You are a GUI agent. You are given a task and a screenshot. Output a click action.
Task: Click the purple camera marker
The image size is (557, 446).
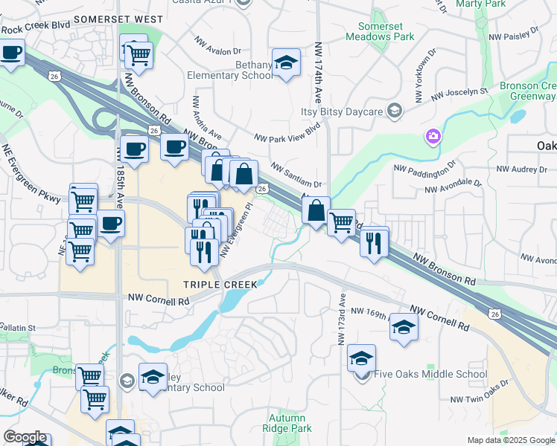pos(433,136)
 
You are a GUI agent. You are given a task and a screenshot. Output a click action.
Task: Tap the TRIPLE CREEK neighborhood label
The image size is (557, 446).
pos(221,285)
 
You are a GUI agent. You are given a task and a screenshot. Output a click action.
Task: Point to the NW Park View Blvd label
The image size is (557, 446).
pos(287,132)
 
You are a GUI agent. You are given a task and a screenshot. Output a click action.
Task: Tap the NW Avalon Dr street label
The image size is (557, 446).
pos(217,46)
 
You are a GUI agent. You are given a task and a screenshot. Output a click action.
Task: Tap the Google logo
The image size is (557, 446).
pos(25,437)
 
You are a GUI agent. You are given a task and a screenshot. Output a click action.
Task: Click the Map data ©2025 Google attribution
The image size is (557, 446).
pos(510,440)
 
